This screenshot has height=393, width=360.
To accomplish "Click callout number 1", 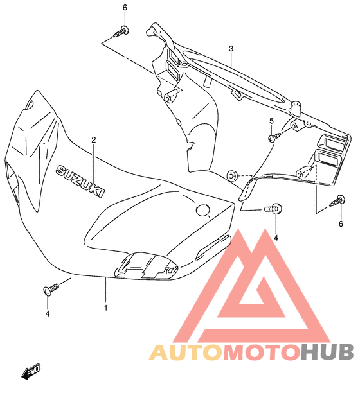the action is tap(105, 308).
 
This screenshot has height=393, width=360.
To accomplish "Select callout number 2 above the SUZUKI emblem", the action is tap(94, 140).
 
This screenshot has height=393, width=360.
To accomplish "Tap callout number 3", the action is tap(231, 49).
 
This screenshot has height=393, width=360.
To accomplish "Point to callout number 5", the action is tap(271, 121).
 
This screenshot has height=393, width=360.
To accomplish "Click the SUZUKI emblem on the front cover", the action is tap(80, 180).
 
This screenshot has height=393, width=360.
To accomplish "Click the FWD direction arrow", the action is tap(30, 371).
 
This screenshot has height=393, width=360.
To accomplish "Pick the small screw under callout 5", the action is tap(274, 137).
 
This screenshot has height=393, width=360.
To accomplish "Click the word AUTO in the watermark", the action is tap(186, 352).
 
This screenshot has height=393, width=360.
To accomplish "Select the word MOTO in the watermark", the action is tap(262, 352).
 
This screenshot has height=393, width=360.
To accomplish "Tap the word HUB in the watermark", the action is tap(327, 352).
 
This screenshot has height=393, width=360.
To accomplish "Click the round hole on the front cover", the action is tap(203, 210).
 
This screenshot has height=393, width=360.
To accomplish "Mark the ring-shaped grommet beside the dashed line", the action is tap(232, 176).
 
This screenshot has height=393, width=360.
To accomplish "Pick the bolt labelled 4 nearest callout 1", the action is tap(51, 289).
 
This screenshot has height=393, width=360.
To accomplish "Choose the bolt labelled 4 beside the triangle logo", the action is tap(273, 209).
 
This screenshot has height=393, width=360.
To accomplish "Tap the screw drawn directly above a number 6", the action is tap(337, 201).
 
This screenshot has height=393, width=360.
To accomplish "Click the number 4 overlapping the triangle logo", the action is tap(276, 238).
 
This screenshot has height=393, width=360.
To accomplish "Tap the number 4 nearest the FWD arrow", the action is tap(48, 313).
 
